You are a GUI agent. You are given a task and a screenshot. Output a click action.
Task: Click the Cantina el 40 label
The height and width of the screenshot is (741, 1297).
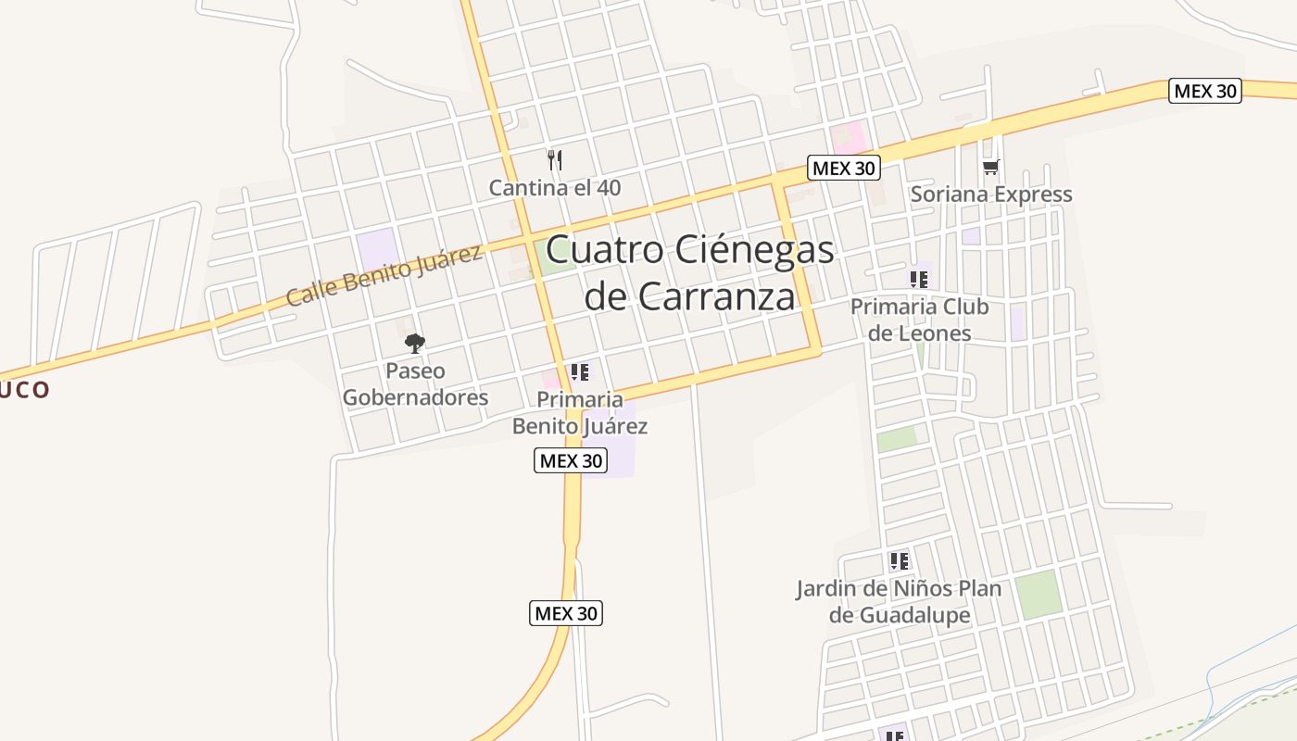pos(555,188)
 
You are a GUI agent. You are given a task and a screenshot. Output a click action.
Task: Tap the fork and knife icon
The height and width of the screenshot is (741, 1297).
pos(555,160)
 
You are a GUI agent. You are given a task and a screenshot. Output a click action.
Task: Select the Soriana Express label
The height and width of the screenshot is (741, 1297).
pos(990,195)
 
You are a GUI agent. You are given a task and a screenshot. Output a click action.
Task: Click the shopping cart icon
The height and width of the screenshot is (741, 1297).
pos(990,168)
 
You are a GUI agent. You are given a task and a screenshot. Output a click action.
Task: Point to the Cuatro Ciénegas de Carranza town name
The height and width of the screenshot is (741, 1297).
pos(690,273)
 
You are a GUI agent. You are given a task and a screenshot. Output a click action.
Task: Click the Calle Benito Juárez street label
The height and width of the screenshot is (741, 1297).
pos(384,275)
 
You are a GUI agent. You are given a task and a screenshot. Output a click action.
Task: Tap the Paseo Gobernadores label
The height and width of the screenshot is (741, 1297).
pos(415,384)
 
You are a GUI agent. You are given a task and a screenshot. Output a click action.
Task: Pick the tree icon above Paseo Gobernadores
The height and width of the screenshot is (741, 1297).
pos(415,344)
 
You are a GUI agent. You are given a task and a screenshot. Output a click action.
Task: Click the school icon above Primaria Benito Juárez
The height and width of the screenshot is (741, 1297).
pos(580,372)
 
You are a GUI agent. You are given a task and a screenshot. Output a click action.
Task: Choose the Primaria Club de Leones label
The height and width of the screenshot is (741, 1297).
pos(919,320)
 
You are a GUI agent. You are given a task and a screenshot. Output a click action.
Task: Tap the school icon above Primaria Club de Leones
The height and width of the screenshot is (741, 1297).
pos(919,279)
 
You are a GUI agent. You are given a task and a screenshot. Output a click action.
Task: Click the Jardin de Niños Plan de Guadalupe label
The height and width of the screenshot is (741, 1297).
pos(899,602)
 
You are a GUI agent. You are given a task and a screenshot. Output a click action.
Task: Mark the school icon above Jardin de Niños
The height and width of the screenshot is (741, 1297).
pos(899,560)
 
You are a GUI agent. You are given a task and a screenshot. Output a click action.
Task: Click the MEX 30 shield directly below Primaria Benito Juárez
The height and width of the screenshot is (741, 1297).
pos(571,460)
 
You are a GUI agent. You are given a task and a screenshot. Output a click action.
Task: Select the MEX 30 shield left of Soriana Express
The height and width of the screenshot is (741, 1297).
pos(843,169)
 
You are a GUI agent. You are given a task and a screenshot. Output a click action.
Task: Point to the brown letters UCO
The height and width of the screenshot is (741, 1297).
pos(24,389)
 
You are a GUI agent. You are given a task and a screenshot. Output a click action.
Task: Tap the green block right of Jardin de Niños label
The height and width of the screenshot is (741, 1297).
pos(1038,595)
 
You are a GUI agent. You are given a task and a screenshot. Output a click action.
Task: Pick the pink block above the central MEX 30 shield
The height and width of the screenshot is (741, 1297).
pos(848,139)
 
